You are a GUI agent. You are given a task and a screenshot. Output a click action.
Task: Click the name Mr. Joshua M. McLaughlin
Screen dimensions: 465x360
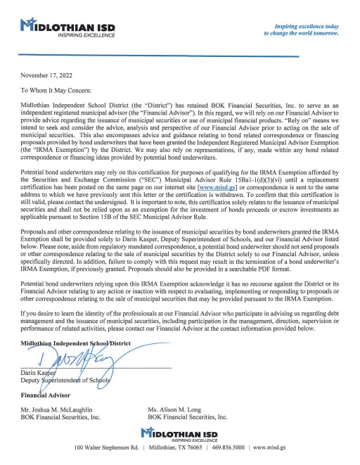63,409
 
